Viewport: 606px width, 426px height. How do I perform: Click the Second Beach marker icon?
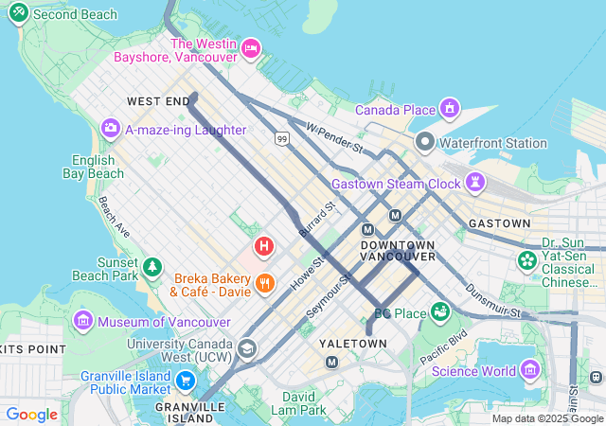pyautogui.click(x=18, y=15)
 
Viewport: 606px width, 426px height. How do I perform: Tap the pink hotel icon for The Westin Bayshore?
pyautogui.click(x=251, y=47)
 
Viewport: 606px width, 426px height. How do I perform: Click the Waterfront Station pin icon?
pyautogui.click(x=425, y=144)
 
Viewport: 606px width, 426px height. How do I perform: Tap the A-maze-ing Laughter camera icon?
pyautogui.click(x=111, y=128)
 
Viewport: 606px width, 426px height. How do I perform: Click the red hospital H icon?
pyautogui.click(x=264, y=247)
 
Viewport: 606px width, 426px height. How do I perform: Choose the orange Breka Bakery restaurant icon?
pyautogui.click(x=264, y=282)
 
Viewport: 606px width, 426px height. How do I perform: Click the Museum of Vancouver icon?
pyautogui.click(x=83, y=322)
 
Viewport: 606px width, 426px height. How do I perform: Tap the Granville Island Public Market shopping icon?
pyautogui.click(x=186, y=382)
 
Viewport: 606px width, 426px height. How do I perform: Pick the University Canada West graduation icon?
pyautogui.click(x=247, y=348)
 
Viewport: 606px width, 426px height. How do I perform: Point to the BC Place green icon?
pyautogui.click(x=439, y=311)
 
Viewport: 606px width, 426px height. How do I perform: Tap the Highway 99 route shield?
pyautogui.click(x=282, y=139)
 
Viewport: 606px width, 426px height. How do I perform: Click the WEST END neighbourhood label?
pyautogui.click(x=158, y=100)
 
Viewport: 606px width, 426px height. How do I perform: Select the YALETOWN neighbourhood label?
pyautogui.click(x=352, y=343)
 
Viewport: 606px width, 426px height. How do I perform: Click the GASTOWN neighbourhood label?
pyautogui.click(x=499, y=223)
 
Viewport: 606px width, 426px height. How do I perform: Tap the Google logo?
pyautogui.click(x=31, y=415)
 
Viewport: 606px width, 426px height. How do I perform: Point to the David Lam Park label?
pyautogui.click(x=303, y=403)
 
